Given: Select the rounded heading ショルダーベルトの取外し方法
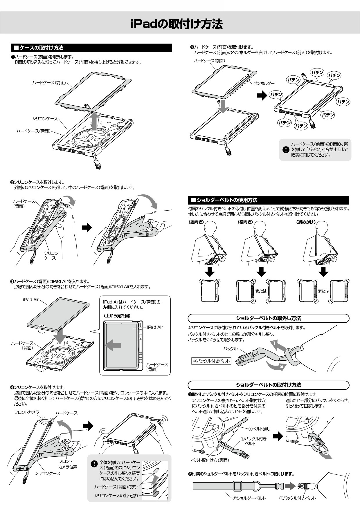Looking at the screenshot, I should (268, 318).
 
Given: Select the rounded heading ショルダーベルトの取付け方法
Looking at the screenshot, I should (268, 385).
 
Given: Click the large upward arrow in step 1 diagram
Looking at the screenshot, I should (94, 122).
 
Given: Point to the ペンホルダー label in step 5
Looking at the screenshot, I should (264, 83).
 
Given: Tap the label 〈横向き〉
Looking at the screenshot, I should (246, 222).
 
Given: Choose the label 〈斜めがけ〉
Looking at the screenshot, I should (306, 222).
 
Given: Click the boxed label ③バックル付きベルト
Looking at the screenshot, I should (211, 361).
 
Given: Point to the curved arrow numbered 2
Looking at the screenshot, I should (277, 366).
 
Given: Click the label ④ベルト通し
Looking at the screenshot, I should (259, 429).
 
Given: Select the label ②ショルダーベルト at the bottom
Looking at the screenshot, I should (249, 498).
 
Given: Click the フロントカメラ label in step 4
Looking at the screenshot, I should (26, 412).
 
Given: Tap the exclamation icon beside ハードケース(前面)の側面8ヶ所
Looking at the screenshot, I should (286, 150).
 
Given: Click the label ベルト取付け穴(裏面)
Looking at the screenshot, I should (210, 460).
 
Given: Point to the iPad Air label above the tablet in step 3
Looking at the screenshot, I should (31, 299).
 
